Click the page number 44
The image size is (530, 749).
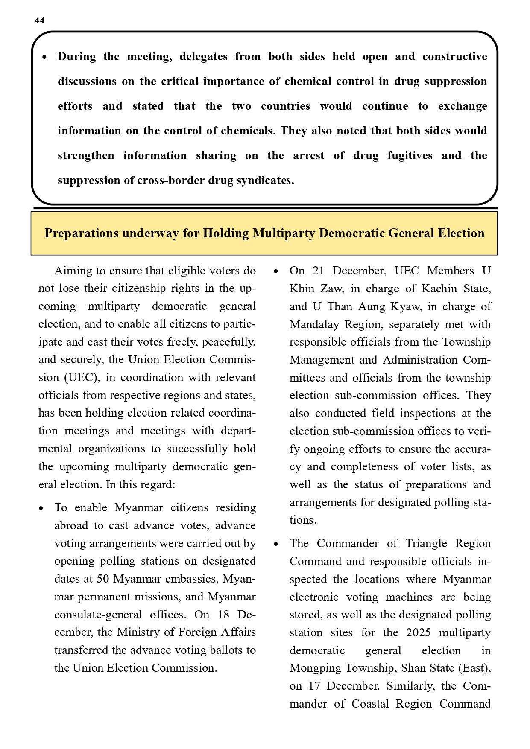pyautogui.click(x=39, y=21)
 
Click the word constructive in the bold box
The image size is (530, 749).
pyautogui.click(x=454, y=57)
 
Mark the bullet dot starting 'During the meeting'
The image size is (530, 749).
pyautogui.click(x=44, y=57)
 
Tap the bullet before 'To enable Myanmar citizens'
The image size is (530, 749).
pyautogui.click(x=41, y=508)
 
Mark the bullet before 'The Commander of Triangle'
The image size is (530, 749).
pyautogui.click(x=276, y=544)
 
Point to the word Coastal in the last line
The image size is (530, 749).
pyautogui.click(x=370, y=704)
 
